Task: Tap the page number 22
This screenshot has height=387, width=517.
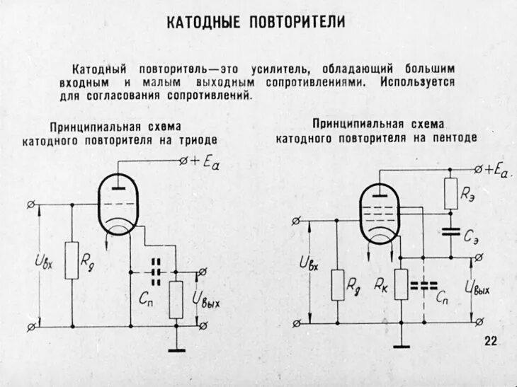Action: tap(491, 342)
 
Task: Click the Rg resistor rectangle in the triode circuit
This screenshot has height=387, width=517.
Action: tap(72, 260)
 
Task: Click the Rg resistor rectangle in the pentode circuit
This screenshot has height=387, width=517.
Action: tap(338, 284)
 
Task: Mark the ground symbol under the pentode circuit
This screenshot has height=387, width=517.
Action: tap(401, 346)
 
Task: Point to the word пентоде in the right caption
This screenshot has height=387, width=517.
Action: tap(455, 137)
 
